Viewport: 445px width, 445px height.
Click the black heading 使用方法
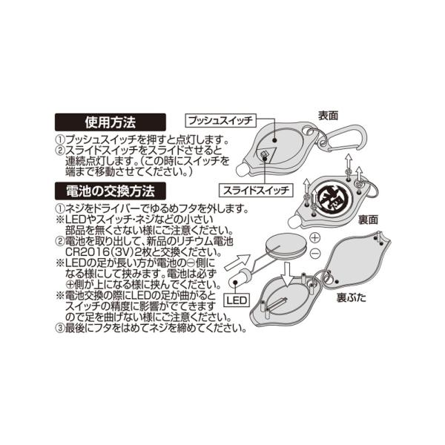click(111, 122)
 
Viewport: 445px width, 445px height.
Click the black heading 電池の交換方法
click(111, 191)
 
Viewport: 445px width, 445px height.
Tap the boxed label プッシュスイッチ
click(220, 121)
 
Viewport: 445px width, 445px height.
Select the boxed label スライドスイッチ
click(256, 190)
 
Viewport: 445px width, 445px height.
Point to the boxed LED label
click(237, 300)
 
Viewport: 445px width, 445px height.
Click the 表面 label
click(328, 116)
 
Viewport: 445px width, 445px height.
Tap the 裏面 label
click(368, 220)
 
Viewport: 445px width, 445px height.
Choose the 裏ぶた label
click(352, 297)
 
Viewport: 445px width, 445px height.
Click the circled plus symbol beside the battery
click(314, 237)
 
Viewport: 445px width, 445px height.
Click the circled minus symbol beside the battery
click(314, 253)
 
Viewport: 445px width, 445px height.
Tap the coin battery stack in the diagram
click(286, 246)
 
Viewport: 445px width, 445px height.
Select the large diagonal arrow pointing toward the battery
click(237, 263)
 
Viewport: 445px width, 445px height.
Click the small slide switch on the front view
click(263, 154)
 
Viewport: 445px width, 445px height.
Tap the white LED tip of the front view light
click(242, 170)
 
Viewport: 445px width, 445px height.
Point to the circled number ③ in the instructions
click(60, 328)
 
